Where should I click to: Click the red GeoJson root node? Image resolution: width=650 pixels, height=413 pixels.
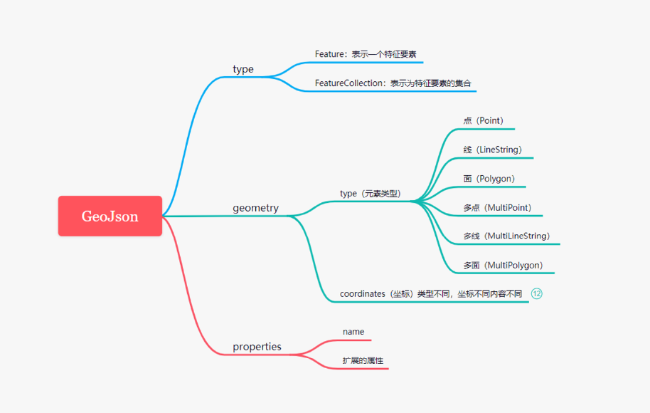110,216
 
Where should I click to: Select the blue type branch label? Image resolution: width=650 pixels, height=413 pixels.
243,69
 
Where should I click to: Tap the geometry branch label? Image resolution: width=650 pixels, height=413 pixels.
255,208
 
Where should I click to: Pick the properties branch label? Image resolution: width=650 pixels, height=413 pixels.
257,347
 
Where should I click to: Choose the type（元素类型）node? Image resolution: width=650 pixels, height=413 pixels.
371,193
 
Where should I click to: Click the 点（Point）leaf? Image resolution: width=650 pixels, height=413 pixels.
484,121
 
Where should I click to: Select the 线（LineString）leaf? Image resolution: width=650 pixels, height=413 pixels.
493,150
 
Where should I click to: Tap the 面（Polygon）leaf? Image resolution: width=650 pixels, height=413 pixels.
489,179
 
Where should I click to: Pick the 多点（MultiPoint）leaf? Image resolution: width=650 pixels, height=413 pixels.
497,208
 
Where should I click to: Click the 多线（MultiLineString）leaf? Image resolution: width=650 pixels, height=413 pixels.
506,236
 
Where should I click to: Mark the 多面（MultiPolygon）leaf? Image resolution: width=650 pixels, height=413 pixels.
503,265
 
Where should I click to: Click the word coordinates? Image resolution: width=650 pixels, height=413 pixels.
362,293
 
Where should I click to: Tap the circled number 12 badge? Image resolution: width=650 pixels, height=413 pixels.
537,293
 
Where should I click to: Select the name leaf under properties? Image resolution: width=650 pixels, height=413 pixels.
353,332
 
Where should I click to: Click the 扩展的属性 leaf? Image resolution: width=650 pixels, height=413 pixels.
363,360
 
